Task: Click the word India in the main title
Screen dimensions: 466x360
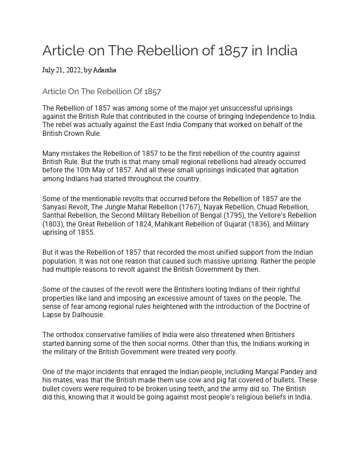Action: [x=282, y=51]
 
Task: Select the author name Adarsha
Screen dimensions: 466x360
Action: [x=105, y=71]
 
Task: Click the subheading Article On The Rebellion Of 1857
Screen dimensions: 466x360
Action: [x=102, y=92]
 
